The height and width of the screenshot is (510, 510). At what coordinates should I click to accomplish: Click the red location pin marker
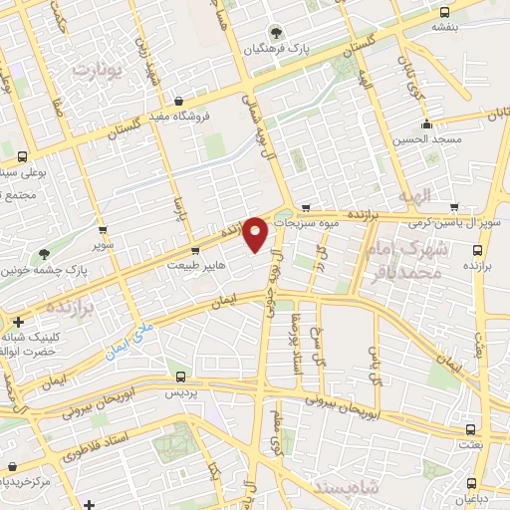(256, 233)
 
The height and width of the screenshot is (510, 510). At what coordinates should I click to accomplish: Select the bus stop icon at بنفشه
(445, 13)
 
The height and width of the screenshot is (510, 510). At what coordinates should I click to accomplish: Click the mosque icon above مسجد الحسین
(426, 125)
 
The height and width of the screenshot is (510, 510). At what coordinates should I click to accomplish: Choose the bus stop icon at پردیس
(180, 377)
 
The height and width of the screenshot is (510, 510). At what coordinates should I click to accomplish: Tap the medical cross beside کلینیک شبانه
(19, 322)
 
